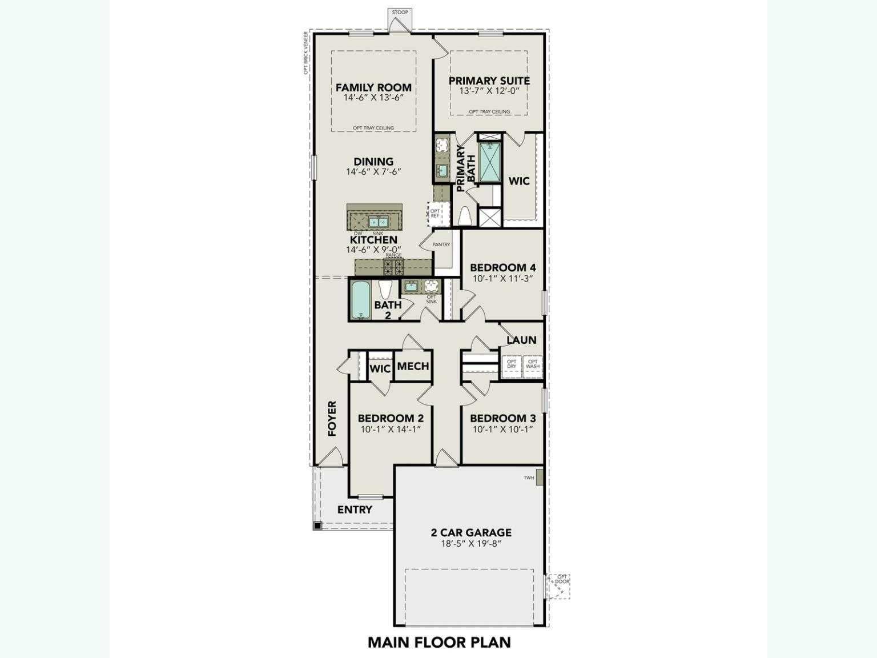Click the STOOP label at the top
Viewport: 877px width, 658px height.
(x=400, y=12)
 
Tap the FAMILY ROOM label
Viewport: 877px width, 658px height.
(x=373, y=87)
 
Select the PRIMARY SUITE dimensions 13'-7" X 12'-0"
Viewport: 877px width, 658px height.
(x=489, y=91)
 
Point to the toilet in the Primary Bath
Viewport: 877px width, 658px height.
(x=464, y=216)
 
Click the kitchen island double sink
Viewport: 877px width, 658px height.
(x=377, y=222)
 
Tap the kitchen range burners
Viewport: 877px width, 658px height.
(x=393, y=266)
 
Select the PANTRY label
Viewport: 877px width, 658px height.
(x=441, y=244)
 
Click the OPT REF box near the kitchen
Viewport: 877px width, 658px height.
(x=435, y=214)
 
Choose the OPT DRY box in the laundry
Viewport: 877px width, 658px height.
(x=512, y=364)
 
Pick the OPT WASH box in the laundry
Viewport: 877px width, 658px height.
(x=533, y=364)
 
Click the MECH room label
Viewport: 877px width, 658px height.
(x=413, y=366)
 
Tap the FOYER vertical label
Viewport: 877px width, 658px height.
(x=332, y=419)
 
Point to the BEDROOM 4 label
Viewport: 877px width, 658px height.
(x=502, y=267)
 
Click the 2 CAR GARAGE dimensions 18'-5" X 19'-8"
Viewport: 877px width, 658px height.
(x=471, y=544)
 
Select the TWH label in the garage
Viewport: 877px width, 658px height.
(x=529, y=478)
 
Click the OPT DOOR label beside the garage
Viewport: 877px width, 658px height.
(x=562, y=579)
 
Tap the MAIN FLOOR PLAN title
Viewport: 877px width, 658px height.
(x=439, y=642)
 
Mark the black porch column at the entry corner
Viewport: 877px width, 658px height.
(x=317, y=525)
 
